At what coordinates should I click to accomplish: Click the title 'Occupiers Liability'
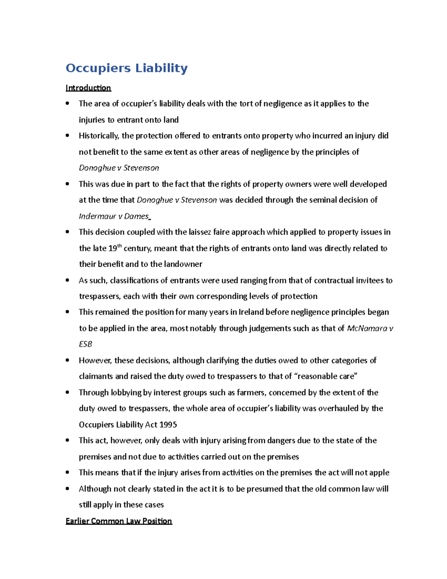pos(126,68)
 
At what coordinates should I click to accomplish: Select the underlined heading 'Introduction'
pos(88,88)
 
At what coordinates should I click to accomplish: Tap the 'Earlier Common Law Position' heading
pos(118,521)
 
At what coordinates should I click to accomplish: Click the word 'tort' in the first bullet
pos(246,104)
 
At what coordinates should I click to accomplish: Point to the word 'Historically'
pos(99,136)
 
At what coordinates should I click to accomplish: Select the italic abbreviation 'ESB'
pos(85,344)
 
